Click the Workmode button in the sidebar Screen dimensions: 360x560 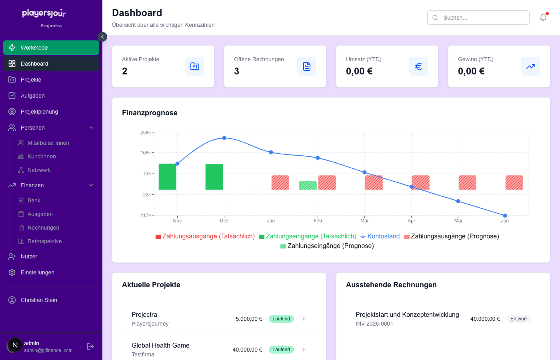[51, 48]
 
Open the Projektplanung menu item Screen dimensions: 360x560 [39, 112]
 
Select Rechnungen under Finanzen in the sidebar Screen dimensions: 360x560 [43, 228]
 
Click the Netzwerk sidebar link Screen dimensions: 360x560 [39, 170]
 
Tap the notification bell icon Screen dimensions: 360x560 [543, 18]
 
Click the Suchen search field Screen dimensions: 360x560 [478, 18]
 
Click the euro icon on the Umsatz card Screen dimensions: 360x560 [418, 66]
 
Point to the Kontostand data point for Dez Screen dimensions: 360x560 [224, 138]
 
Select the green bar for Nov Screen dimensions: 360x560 [167, 176]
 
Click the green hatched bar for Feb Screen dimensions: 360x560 [308, 185]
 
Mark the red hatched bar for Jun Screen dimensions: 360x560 [514, 182]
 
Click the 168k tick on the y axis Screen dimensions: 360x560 [146, 153]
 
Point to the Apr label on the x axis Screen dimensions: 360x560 [411, 221]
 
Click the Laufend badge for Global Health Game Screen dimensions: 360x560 [281, 350]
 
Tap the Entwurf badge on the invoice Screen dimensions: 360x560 [518, 319]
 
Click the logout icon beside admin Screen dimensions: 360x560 [90, 346]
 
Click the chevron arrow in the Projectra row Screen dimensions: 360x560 [304, 319]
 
